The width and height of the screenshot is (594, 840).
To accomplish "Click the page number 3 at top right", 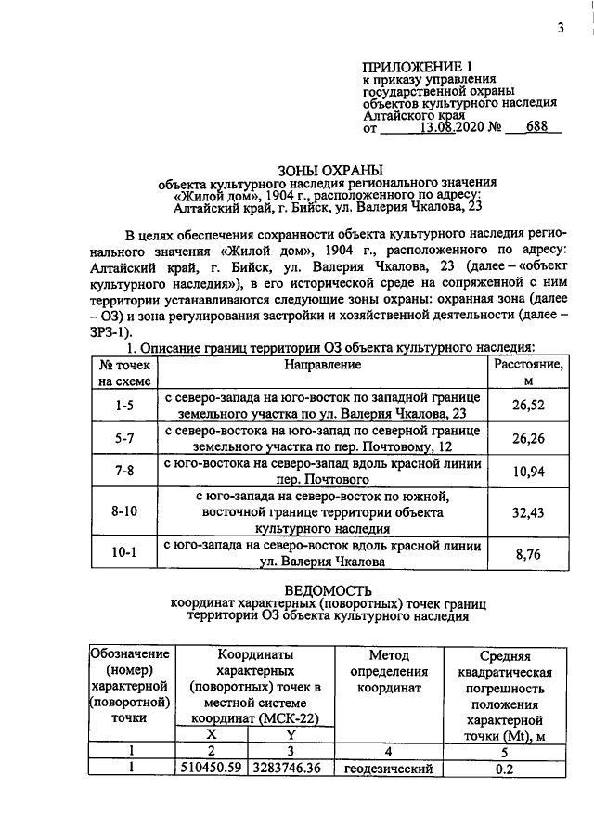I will pyautogui.click(x=561, y=28).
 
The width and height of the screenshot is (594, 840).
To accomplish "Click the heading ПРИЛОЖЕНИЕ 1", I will pyautogui.click(x=418, y=67).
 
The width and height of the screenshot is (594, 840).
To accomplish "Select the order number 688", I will pyautogui.click(x=536, y=129).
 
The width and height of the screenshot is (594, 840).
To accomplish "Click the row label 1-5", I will pyautogui.click(x=124, y=405).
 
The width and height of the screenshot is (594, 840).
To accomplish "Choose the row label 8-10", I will pyautogui.click(x=124, y=512).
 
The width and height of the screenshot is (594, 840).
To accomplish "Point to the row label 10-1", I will pyautogui.click(x=124, y=553).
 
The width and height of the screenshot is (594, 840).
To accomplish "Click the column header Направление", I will pyautogui.click(x=322, y=365).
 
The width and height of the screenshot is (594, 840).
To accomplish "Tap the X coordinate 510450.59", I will pyautogui.click(x=211, y=769).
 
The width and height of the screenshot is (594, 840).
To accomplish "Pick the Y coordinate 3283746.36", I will pyautogui.click(x=292, y=769).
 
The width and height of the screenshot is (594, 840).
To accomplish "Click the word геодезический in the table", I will pyautogui.click(x=389, y=769).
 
